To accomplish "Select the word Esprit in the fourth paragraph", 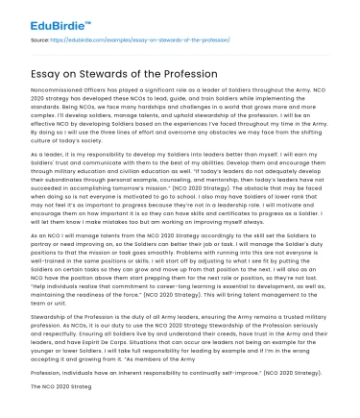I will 95,340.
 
